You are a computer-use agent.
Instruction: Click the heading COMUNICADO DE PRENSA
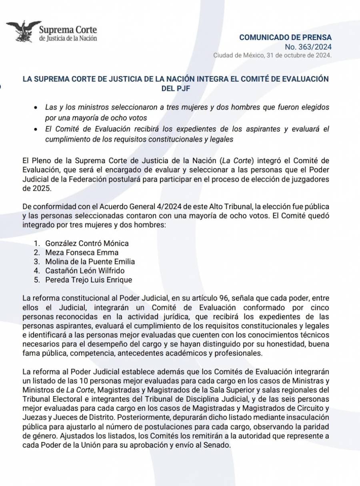coord(285,37)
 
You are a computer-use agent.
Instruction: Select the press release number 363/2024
coord(308,47)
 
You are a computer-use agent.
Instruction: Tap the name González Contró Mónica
coord(87,243)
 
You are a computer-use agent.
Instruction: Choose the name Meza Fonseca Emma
coord(82,252)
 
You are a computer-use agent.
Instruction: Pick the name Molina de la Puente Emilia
coord(90,262)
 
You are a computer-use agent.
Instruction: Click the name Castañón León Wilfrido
coord(85,271)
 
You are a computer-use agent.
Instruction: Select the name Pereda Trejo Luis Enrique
coord(88,280)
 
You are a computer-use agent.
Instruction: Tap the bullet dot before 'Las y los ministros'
coord(36,108)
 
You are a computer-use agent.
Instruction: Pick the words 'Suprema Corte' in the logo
coord(68,30)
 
